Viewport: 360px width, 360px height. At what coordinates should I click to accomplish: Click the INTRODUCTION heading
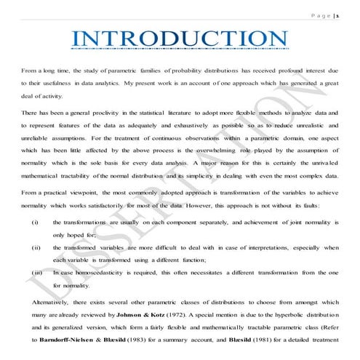point(179,39)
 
